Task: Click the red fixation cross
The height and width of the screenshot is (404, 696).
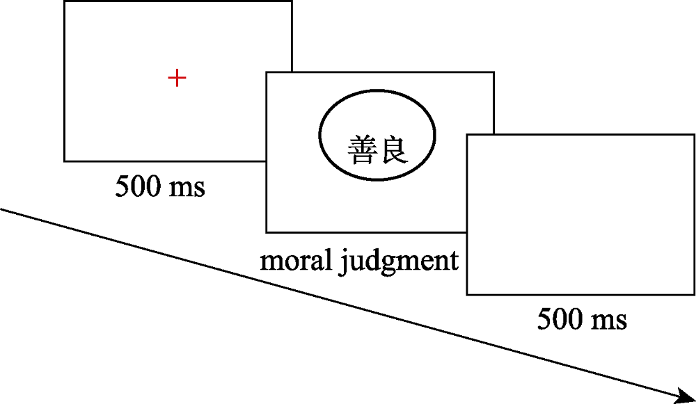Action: pyautogui.click(x=177, y=78)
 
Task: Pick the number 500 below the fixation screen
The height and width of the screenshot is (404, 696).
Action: pyautogui.click(x=136, y=186)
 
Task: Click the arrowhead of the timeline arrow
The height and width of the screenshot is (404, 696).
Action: pyautogui.click(x=688, y=396)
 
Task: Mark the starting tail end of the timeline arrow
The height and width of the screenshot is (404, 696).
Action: pyautogui.click(x=1, y=208)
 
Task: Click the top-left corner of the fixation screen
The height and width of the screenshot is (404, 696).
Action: pyautogui.click(x=64, y=1)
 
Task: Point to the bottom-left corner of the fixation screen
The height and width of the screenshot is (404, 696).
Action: pyautogui.click(x=64, y=161)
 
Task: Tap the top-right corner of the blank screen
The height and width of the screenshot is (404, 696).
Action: pyautogui.click(x=694, y=135)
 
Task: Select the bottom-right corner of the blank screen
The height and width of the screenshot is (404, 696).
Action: pyautogui.click(x=694, y=295)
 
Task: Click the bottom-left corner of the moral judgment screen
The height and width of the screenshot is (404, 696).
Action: pyautogui.click(x=267, y=232)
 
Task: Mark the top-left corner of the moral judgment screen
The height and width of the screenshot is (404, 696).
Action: pyautogui.click(x=267, y=72)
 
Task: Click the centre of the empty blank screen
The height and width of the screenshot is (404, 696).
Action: pyautogui.click(x=580, y=215)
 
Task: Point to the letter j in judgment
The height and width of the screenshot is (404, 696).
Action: pyautogui.click(x=343, y=262)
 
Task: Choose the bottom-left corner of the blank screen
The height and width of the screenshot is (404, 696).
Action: pyautogui.click(x=467, y=295)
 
